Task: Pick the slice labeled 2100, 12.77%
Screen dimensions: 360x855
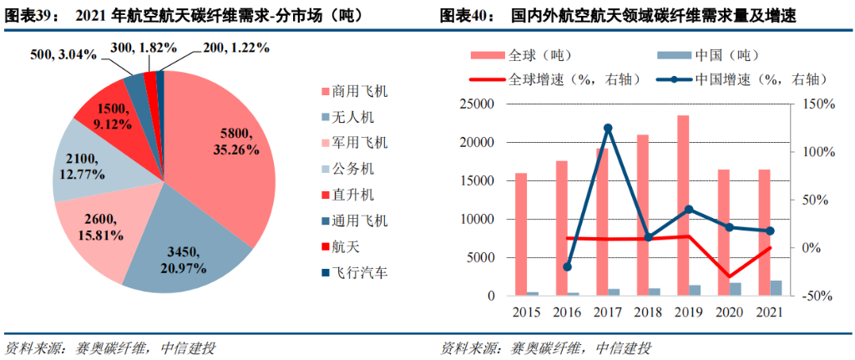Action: click(x=83, y=163)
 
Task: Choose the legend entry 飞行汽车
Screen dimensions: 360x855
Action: click(x=360, y=272)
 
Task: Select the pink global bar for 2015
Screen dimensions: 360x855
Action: click(x=521, y=235)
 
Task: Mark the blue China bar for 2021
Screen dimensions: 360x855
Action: click(x=776, y=288)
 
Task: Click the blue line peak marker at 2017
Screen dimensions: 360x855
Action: click(x=608, y=128)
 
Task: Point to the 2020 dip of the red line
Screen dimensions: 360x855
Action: click(x=728, y=276)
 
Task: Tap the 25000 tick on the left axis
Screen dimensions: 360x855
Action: click(x=478, y=104)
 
